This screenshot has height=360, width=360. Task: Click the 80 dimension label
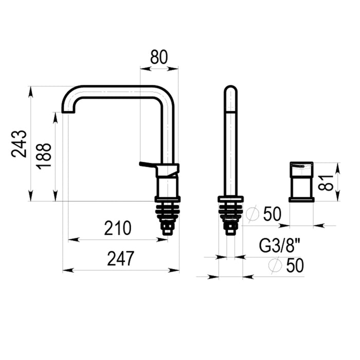(x=159, y=57)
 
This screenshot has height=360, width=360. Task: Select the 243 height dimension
(x=19, y=144)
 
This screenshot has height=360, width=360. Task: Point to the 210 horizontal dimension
(x=118, y=228)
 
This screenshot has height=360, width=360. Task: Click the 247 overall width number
(x=120, y=259)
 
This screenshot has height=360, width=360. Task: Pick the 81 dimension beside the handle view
(x=326, y=183)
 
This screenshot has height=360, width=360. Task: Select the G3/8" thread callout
(x=280, y=246)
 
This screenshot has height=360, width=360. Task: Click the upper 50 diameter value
(x=272, y=214)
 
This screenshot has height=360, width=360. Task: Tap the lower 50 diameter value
(x=295, y=265)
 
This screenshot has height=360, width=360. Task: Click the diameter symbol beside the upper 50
(x=253, y=214)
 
